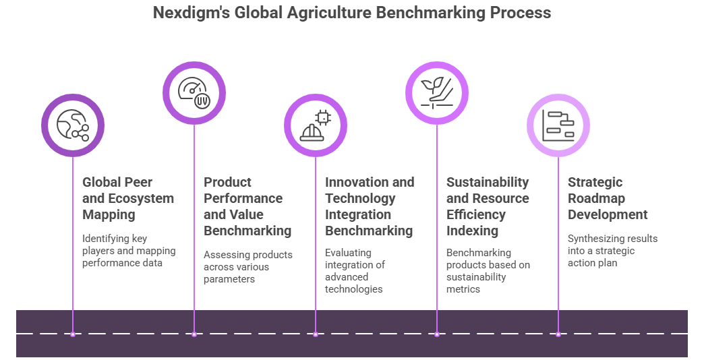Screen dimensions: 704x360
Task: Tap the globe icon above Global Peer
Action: point(73,125)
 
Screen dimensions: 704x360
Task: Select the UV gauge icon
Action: point(194,93)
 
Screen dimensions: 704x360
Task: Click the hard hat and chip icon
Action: point(315,125)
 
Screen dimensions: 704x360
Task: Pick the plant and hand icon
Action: point(437,93)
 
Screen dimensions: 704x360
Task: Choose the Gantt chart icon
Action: point(558,125)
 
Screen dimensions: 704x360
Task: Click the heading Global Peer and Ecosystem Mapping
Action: point(128,198)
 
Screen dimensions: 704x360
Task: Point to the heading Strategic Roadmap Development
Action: point(608,198)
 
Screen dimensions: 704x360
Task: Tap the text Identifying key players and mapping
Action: point(129,245)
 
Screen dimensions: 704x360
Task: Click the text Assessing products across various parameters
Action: point(248,267)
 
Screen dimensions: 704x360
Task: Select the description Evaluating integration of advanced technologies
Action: point(355,270)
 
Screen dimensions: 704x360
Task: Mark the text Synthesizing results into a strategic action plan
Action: point(612,251)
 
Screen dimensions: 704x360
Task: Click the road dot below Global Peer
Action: point(73,334)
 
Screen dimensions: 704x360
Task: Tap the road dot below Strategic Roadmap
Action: point(558,334)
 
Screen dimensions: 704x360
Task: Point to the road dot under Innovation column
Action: point(315,334)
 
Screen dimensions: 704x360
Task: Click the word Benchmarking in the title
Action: point(430,13)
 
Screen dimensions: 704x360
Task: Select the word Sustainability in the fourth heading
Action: point(488,182)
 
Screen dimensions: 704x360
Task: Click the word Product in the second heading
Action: point(227,182)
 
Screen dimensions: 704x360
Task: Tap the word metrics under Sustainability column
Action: point(463,289)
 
